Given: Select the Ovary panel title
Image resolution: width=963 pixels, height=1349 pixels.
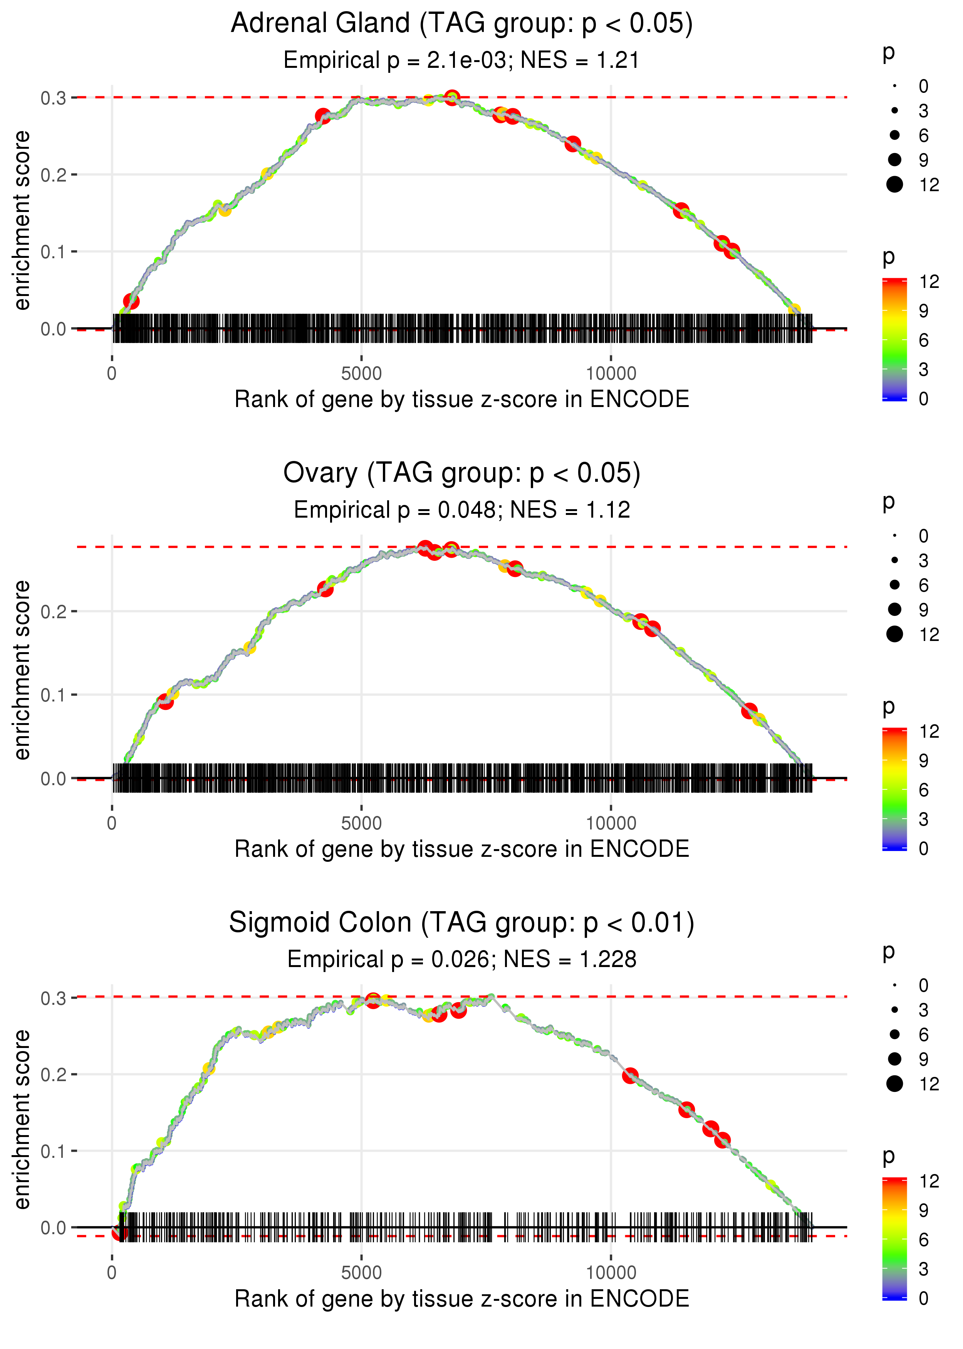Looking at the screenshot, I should pos(461,473).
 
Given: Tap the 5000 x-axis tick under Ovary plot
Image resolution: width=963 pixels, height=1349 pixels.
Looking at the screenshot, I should pos(361,823).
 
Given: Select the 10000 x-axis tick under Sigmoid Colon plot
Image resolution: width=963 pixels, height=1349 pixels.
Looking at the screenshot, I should pos(611,1273).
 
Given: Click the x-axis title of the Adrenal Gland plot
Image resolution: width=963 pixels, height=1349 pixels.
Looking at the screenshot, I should pos(461,399).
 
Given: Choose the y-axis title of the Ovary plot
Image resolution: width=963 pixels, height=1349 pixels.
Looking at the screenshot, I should pos(22,670).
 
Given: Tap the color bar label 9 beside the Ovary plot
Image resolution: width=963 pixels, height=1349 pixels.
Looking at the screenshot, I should pos(923,760).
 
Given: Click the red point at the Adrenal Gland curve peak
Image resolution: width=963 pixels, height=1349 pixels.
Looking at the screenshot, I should pos(452,97).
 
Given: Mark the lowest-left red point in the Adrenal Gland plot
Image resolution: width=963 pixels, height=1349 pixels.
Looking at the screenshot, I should pos(131,301).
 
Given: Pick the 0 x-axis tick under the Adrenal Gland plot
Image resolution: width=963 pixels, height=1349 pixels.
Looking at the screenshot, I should pos(112,374).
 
